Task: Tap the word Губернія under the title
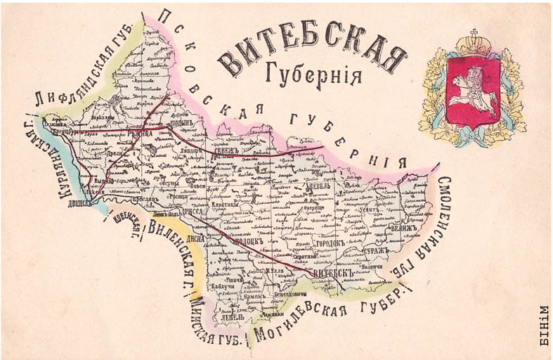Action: point(314,73)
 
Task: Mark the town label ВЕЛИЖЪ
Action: point(402,229)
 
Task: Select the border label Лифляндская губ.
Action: point(83,76)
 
